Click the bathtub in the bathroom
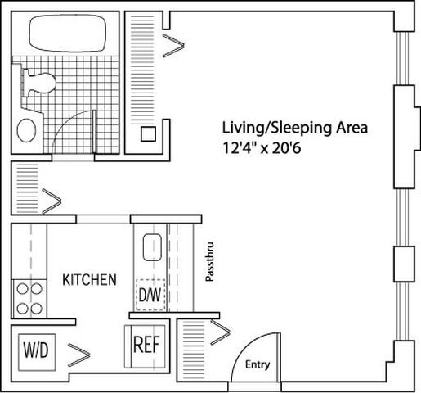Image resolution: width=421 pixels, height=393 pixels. [67, 34]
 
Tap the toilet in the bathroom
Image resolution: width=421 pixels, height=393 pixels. [39, 83]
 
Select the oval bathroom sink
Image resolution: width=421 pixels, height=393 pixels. [27, 130]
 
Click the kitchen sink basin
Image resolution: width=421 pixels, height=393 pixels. [152, 247]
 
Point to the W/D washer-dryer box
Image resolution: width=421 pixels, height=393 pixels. [37, 352]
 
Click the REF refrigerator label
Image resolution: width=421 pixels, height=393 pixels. [146, 345]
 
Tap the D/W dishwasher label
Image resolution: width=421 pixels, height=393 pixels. [150, 295]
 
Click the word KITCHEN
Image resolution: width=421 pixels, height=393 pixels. [89, 280]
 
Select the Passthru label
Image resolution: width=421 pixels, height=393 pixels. [209, 262]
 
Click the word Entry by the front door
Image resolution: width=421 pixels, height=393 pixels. [258, 364]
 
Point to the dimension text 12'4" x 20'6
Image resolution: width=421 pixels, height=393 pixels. [262, 149]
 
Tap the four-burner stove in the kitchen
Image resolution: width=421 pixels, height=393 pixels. [29, 299]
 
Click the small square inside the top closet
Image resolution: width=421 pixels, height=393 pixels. [148, 134]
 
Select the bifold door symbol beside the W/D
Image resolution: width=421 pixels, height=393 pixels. [78, 355]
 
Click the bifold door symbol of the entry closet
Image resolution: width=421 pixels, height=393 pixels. [220, 332]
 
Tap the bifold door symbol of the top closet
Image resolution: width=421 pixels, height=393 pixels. [173, 46]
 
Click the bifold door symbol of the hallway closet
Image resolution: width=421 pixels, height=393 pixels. [52, 201]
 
